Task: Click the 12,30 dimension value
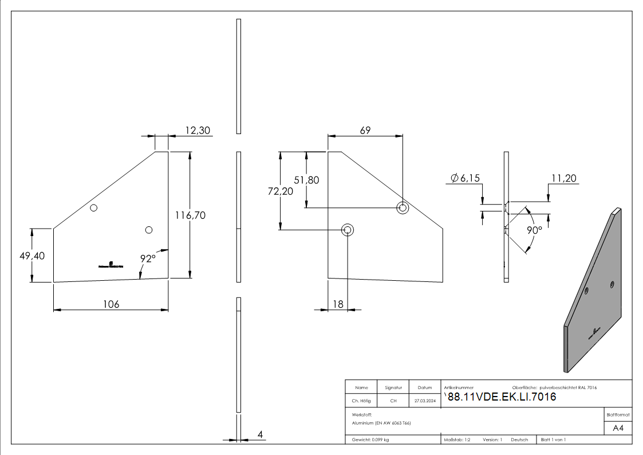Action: click(x=198, y=131)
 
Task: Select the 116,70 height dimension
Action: click(x=191, y=215)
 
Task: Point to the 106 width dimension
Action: click(x=111, y=304)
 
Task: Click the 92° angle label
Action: click(x=148, y=258)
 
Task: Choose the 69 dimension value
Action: click(x=365, y=130)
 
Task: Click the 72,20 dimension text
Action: click(x=280, y=191)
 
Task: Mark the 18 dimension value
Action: click(x=338, y=304)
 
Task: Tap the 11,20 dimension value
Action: click(x=564, y=178)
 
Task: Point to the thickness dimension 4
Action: click(x=260, y=434)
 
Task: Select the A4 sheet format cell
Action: click(x=618, y=428)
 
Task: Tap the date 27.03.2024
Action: click(x=425, y=401)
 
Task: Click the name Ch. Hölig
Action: click(x=361, y=401)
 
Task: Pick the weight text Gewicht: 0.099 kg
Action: click(x=370, y=440)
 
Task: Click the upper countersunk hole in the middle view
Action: click(x=403, y=207)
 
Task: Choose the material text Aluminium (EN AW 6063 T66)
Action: click(x=381, y=423)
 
